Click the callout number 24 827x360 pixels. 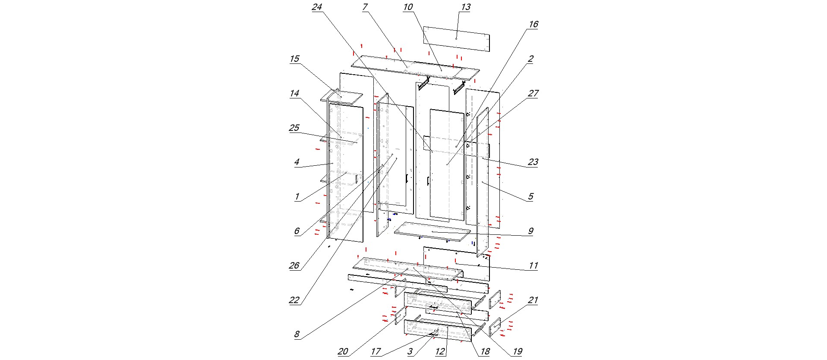(317, 7)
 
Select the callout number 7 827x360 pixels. (365, 7)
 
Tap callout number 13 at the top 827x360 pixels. (465, 7)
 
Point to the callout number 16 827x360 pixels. (533, 25)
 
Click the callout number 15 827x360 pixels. (294, 59)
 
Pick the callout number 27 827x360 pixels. (533, 94)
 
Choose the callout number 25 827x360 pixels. (294, 128)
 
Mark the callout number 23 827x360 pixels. (533, 162)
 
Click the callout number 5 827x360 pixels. (530, 197)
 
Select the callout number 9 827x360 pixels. (530, 231)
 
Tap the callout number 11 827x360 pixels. (533, 266)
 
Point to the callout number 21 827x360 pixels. (533, 300)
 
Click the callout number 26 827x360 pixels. (294, 266)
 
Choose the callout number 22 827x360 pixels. (294, 300)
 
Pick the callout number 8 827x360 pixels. (297, 335)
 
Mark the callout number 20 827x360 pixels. (343, 352)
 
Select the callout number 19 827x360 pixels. (517, 352)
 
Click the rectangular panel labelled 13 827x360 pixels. (456, 39)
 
